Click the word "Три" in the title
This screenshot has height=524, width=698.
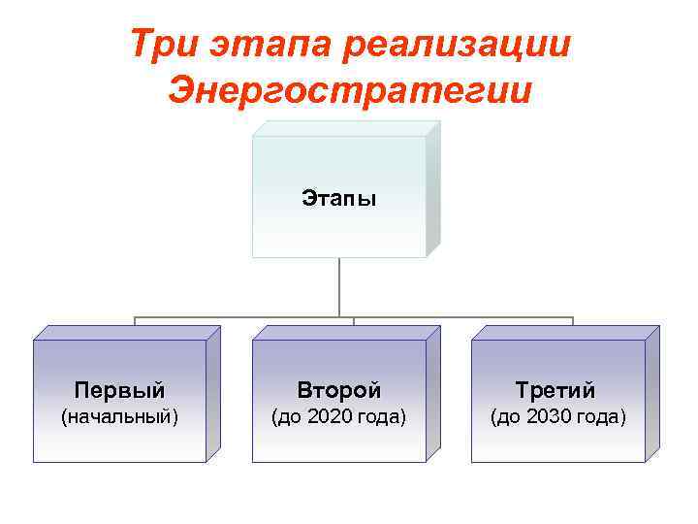click(158, 45)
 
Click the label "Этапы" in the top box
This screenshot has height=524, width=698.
click(338, 199)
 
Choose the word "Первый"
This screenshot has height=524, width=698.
click(119, 390)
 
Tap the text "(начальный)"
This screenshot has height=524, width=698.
click(119, 417)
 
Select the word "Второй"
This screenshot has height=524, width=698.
click(338, 390)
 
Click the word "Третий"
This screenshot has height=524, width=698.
click(555, 390)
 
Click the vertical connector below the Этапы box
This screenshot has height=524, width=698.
click(339, 287)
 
